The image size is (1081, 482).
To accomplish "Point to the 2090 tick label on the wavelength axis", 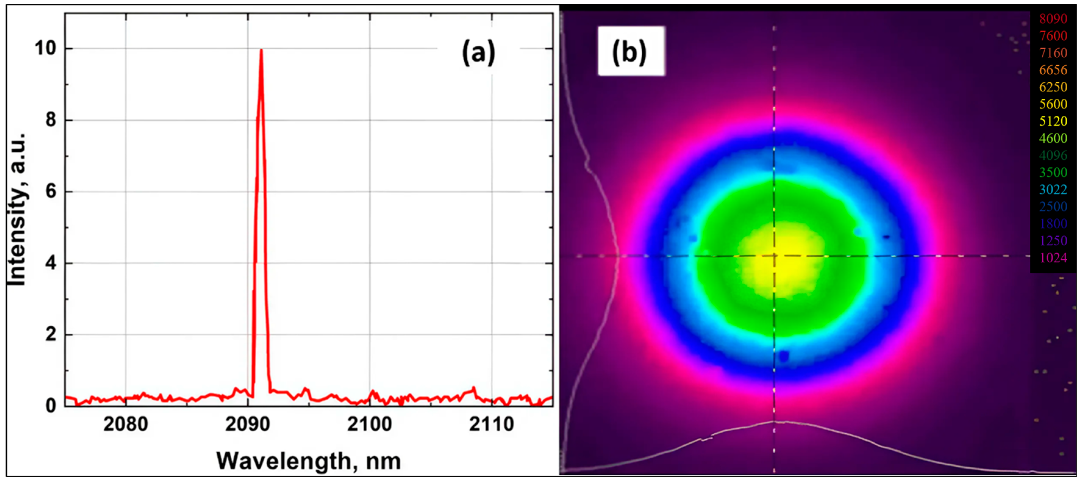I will [x=248, y=424].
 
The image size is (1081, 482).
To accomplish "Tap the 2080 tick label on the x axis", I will [x=126, y=424].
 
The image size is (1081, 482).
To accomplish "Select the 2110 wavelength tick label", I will [x=491, y=424].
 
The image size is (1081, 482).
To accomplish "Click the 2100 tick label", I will [x=369, y=424].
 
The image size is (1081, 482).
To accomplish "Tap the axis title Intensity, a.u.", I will [x=18, y=209].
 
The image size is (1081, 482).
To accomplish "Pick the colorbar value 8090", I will [x=1053, y=19].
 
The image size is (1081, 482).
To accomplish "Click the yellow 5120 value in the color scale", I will [x=1053, y=121].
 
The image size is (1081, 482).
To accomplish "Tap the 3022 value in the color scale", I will [x=1053, y=190].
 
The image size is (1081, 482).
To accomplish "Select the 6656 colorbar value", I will [x=1053, y=70].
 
